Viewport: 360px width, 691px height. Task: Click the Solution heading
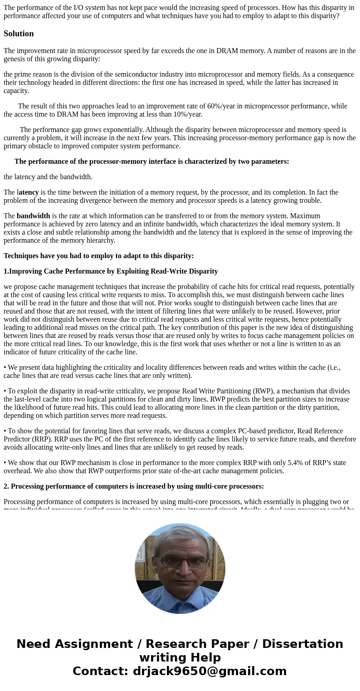[x=19, y=34]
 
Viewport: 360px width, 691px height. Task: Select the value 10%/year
[x=187, y=114]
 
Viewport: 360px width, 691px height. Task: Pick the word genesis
[x=15, y=59]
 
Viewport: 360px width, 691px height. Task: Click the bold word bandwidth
[x=33, y=216]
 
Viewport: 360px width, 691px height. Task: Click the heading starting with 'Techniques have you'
[x=98, y=256]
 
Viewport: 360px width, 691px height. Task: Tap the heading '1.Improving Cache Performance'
[x=111, y=271]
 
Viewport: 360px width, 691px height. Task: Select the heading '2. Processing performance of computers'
[x=133, y=486]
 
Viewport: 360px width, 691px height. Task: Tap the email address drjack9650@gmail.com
[x=209, y=671]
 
